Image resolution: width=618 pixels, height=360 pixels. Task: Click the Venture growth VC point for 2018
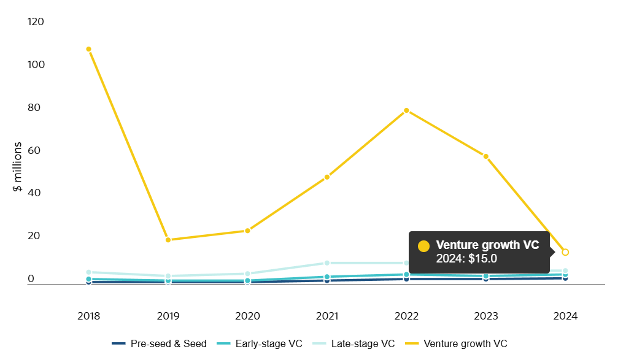click(89, 49)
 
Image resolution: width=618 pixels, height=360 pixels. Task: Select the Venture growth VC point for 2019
click(168, 240)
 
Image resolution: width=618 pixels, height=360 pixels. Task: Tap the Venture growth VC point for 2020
click(247, 231)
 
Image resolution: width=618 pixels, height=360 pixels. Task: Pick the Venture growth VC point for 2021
click(327, 177)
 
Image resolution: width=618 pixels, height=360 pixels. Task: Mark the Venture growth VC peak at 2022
click(406, 110)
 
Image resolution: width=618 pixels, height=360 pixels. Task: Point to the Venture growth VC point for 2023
click(486, 156)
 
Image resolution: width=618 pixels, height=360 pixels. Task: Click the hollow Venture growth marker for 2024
click(565, 252)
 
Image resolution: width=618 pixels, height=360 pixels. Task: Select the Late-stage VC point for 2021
click(327, 263)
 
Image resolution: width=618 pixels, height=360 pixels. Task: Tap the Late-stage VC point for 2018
click(89, 272)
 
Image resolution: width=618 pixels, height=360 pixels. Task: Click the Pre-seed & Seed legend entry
click(160, 343)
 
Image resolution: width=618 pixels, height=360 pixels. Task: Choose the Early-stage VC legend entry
click(260, 343)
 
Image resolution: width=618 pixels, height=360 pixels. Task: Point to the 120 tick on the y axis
click(36, 22)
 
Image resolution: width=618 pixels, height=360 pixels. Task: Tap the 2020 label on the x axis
click(247, 316)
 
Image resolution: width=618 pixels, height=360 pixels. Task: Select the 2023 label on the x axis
click(486, 316)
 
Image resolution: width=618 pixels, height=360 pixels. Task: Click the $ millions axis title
click(18, 167)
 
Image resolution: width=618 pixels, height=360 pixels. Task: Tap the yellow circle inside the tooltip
click(423, 246)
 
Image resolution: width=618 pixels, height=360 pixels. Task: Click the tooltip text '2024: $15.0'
click(466, 258)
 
